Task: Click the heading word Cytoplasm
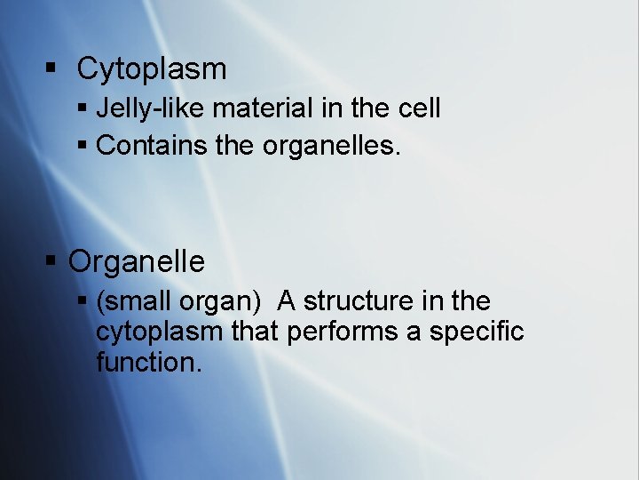pyautogui.click(x=152, y=69)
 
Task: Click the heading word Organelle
pyautogui.click(x=137, y=262)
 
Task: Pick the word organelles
pyautogui.click(x=331, y=146)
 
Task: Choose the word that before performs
pyautogui.click(x=253, y=332)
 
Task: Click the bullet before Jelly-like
pyautogui.click(x=83, y=109)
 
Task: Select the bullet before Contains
pyautogui.click(x=83, y=145)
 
